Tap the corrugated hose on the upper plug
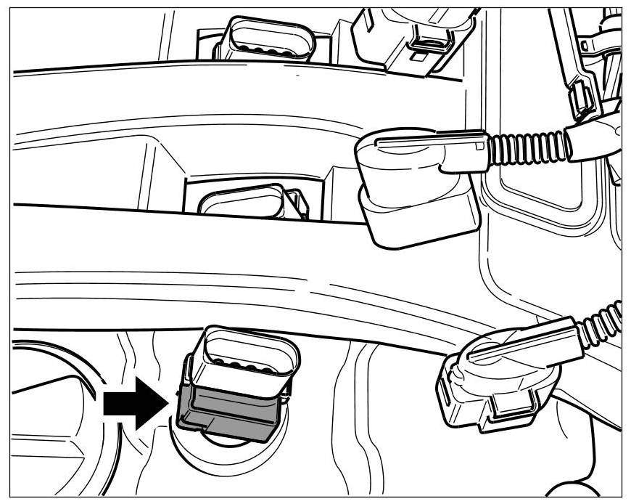527,148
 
